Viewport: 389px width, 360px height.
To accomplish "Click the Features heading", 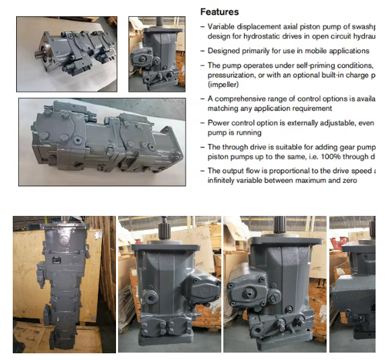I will tap(219, 11).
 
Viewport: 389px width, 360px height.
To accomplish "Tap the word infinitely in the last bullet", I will tap(224, 180).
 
